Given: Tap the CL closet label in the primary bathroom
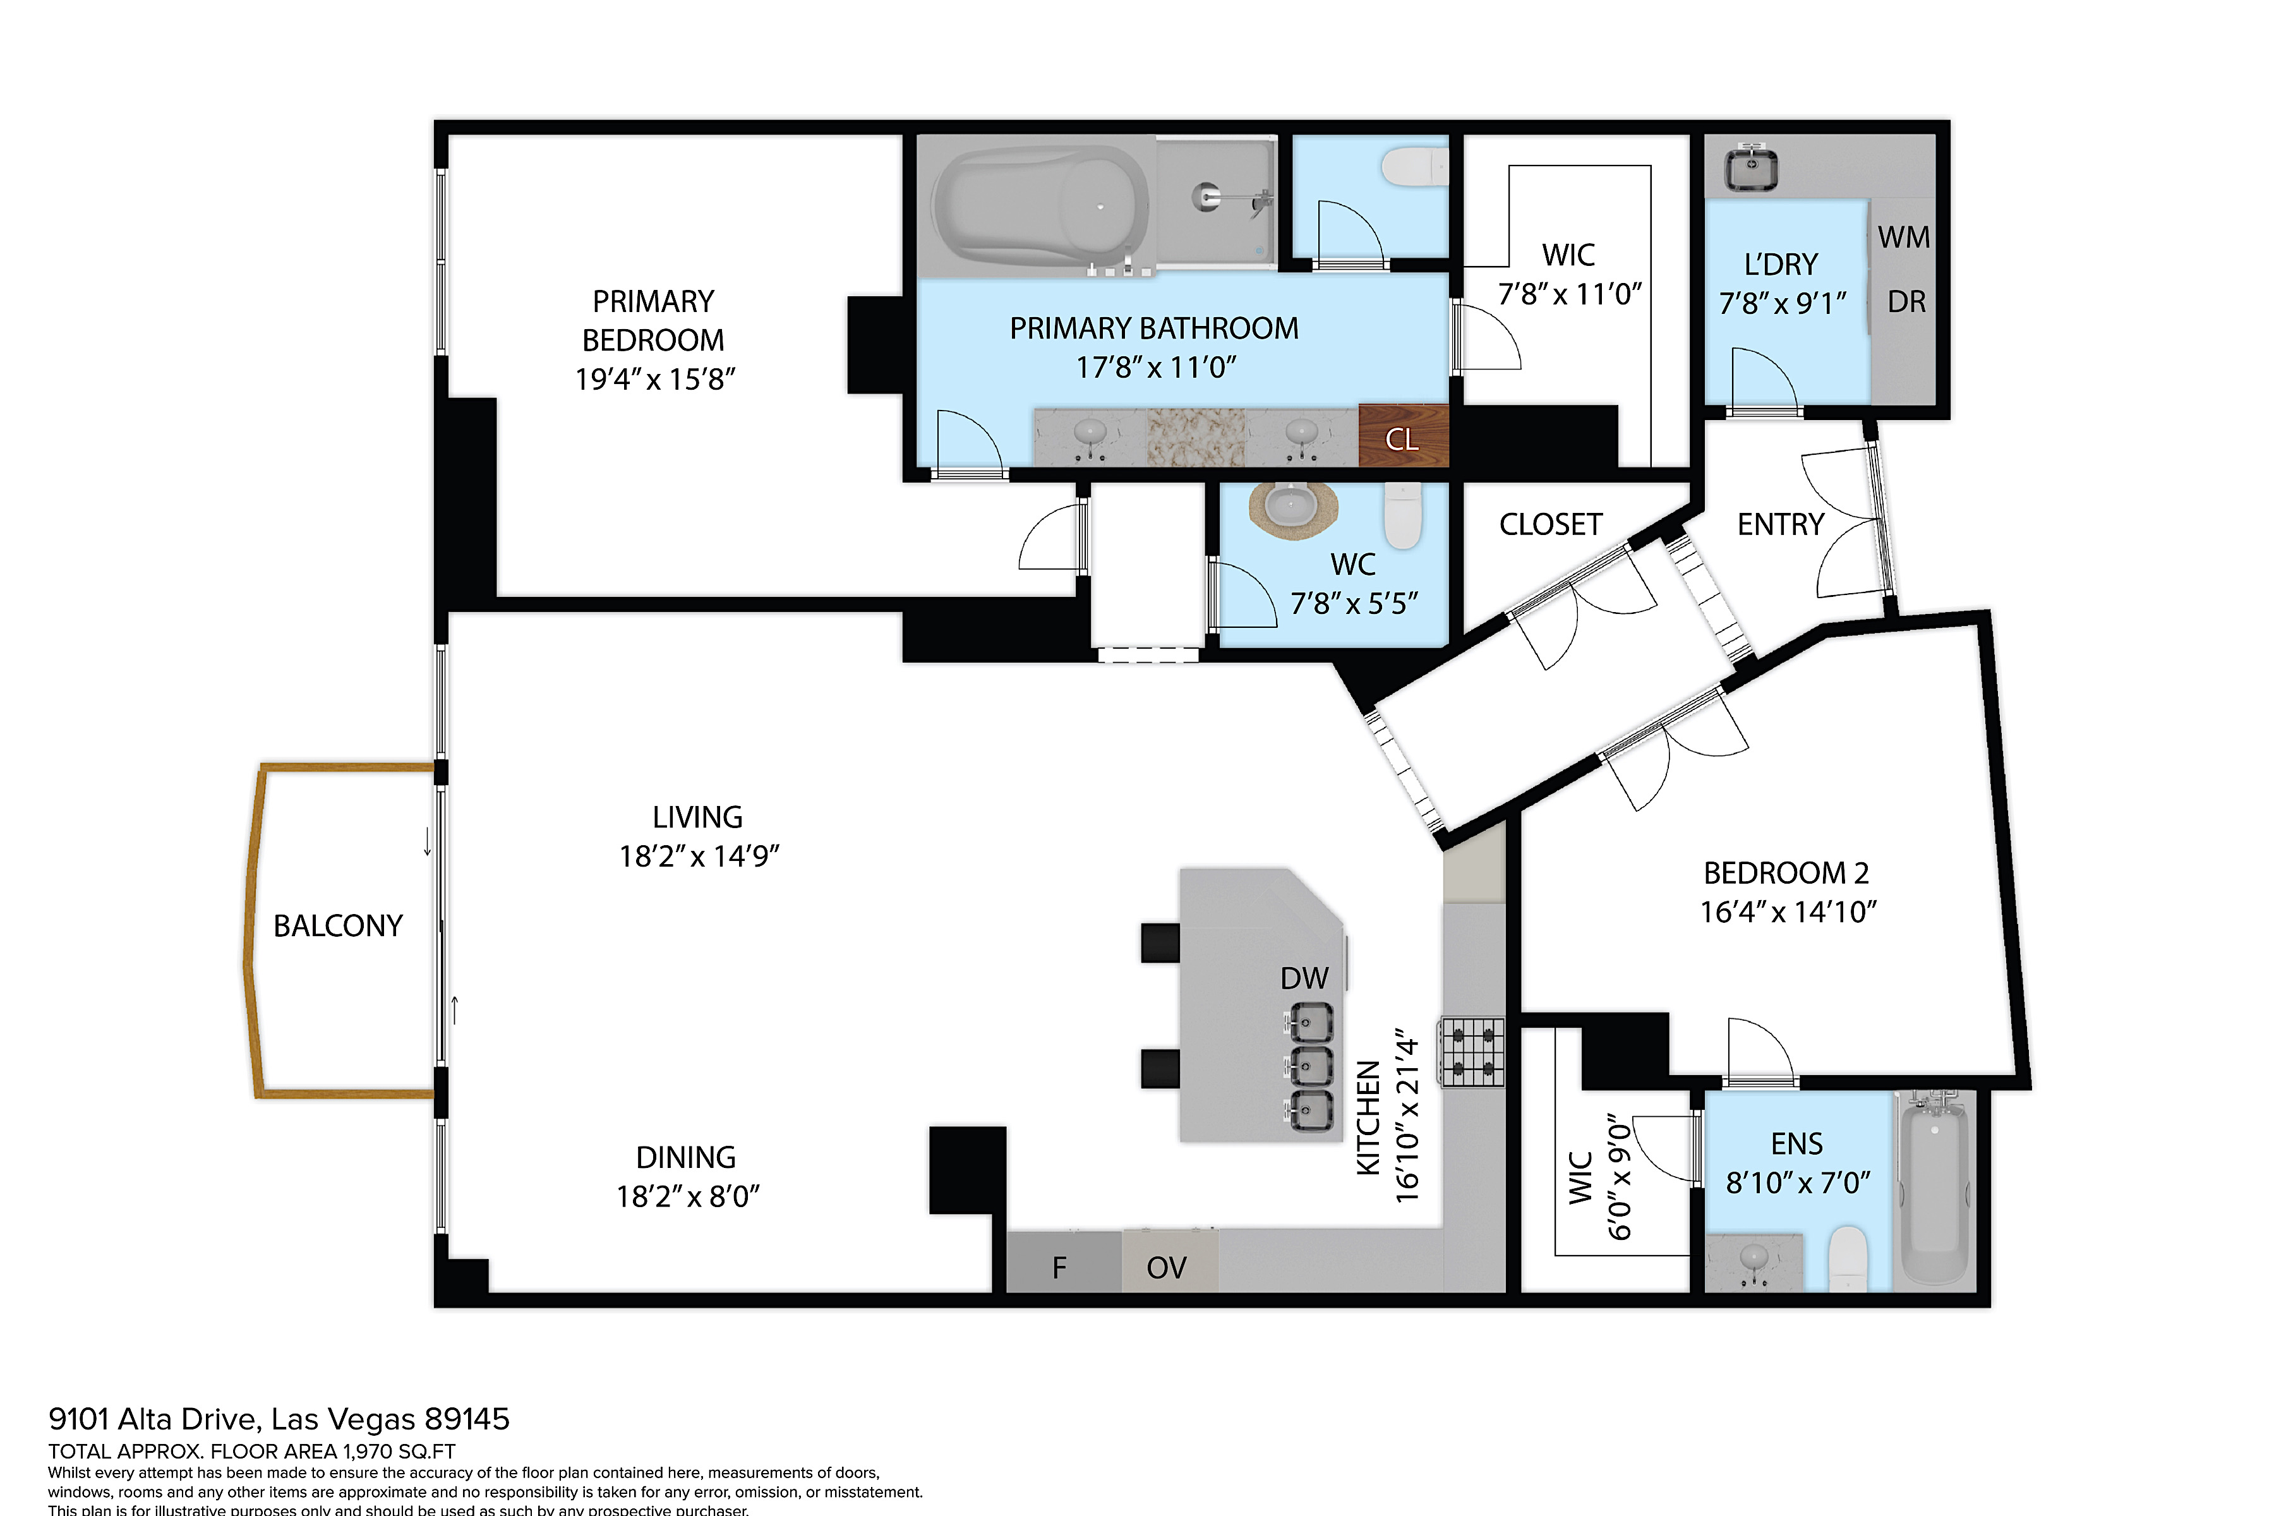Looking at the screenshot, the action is (1402, 440).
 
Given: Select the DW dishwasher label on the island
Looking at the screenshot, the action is (1304, 978).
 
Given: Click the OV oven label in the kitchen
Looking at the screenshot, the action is (1166, 1268).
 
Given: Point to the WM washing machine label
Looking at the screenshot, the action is (1904, 237).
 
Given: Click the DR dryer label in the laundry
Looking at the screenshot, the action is (1906, 302).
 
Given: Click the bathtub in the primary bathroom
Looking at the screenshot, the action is (1040, 206).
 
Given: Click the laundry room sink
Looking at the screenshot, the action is (1752, 167).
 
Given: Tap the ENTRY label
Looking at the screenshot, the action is (1780, 525).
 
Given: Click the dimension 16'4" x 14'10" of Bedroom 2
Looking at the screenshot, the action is (1789, 911).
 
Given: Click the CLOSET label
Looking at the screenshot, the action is (1551, 525).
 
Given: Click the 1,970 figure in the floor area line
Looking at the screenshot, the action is (371, 1451).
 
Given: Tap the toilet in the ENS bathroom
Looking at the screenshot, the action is (1848, 1259).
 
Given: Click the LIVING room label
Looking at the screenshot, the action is (697, 818).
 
